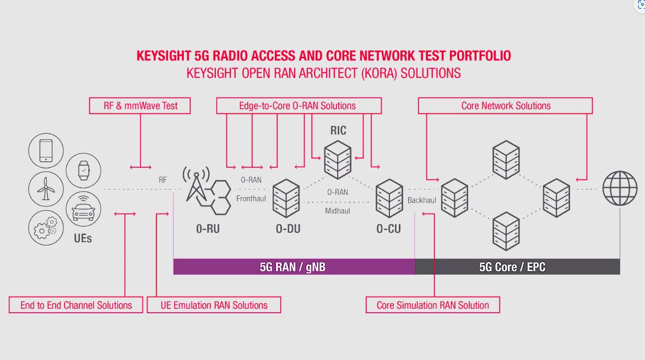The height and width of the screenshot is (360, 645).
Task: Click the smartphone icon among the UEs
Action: tap(46, 150)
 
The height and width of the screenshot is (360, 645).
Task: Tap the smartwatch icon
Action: tap(84, 170)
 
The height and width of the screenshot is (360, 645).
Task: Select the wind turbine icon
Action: tap(46, 189)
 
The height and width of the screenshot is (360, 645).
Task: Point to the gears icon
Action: tap(46, 228)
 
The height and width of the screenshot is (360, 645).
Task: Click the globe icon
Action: tap(620, 188)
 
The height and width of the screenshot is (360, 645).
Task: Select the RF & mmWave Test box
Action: tap(140, 106)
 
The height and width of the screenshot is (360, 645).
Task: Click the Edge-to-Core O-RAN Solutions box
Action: tap(299, 106)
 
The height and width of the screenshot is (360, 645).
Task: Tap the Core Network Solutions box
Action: tap(506, 106)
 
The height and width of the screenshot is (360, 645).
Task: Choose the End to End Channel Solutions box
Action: tap(76, 305)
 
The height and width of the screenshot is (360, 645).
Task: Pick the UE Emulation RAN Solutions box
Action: tap(214, 305)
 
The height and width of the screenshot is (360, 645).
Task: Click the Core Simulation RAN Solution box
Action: tap(433, 305)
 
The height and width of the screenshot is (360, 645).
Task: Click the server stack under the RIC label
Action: tap(338, 160)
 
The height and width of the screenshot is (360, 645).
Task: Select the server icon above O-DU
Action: tap(286, 199)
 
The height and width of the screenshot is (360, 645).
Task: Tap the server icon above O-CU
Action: tap(389, 199)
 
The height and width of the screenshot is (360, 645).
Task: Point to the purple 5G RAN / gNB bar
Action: tap(294, 267)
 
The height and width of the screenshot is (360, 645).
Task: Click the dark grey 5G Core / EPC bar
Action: tap(517, 267)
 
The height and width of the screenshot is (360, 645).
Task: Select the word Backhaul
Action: tap(421, 200)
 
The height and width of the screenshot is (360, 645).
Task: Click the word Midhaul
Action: tap(337, 211)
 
